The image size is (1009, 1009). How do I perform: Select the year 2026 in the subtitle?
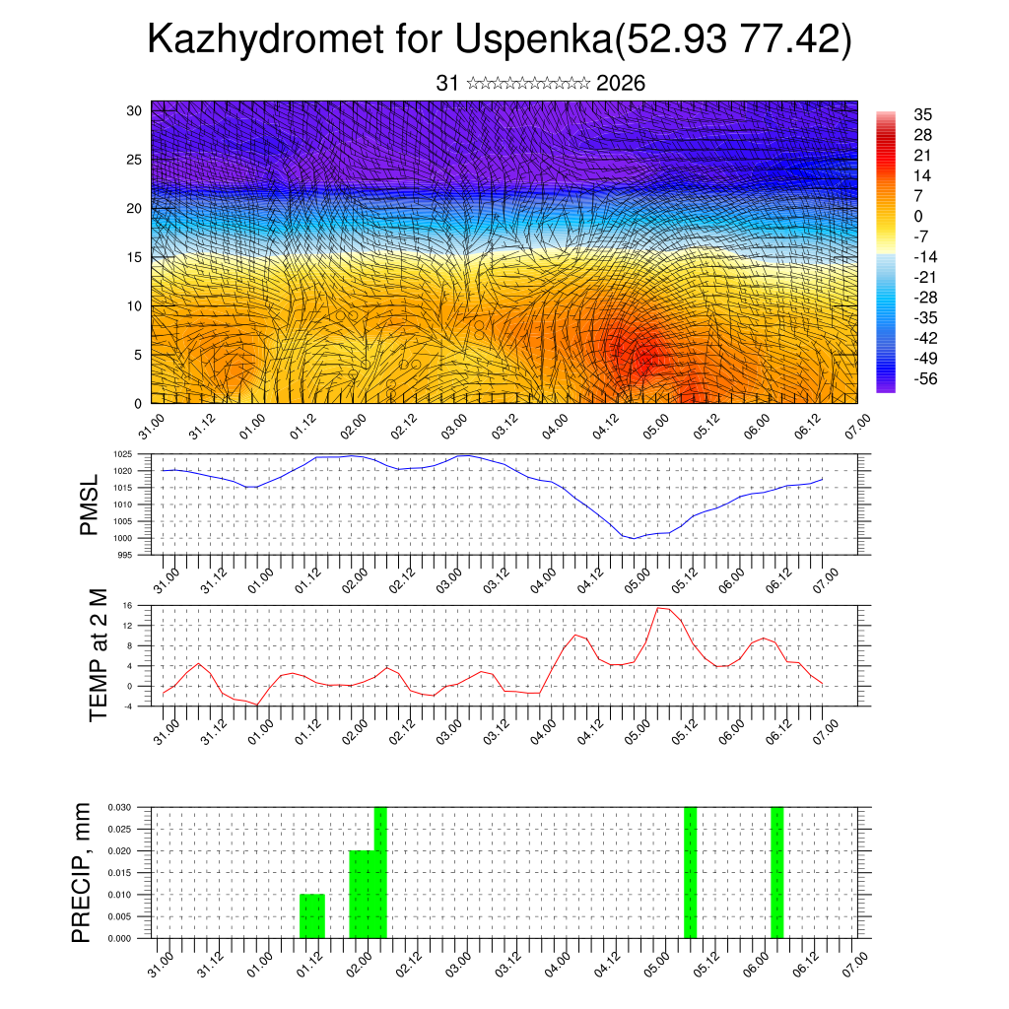point(621,84)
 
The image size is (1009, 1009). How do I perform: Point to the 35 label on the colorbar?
point(923,114)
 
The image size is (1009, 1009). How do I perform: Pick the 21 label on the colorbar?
point(923,155)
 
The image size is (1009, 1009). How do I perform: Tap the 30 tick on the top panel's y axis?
point(134,110)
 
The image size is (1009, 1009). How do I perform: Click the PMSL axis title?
point(89,504)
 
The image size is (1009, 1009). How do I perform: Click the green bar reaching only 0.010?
point(311,916)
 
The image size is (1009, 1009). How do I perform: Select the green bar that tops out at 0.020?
point(362,895)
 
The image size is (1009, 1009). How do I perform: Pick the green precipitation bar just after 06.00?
point(776,872)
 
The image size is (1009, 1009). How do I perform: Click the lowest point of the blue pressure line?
point(636,538)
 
